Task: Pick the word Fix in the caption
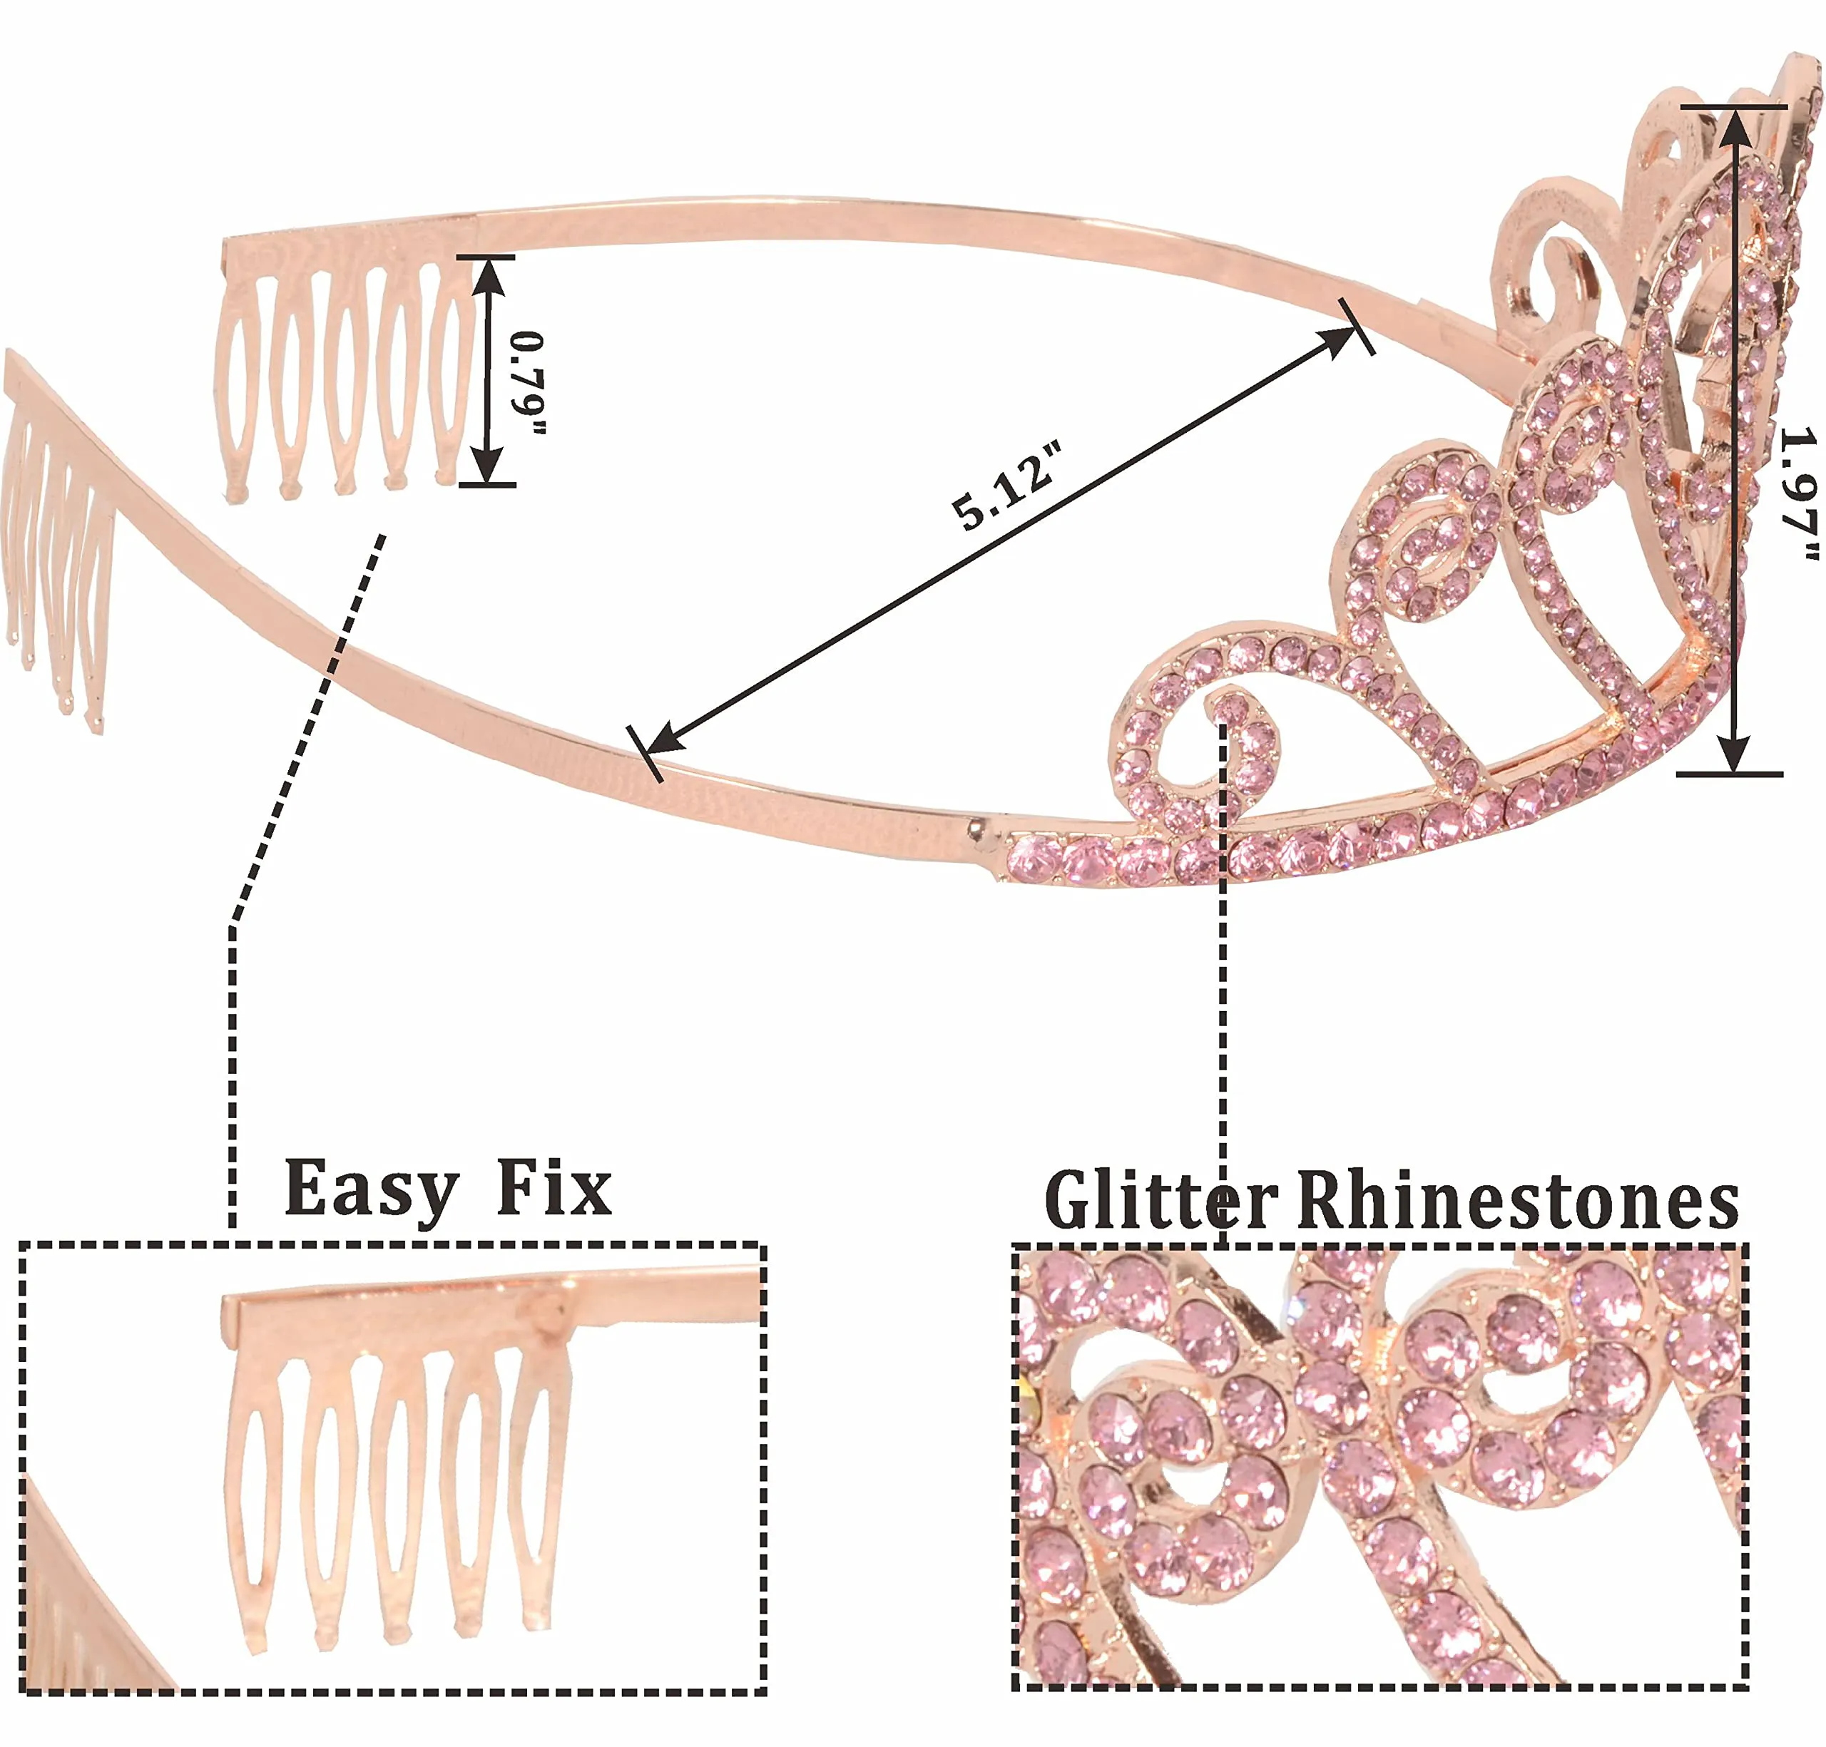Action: click(x=554, y=1188)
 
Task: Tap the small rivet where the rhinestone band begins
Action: click(x=976, y=825)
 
